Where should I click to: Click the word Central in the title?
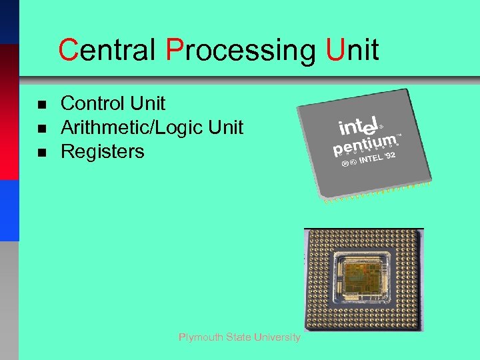(x=107, y=50)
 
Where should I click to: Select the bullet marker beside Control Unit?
(x=41, y=105)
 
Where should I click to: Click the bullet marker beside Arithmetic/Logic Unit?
(x=41, y=129)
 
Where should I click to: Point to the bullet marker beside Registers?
(x=41, y=153)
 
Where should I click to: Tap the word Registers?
(x=102, y=152)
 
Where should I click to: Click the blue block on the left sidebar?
(x=9, y=210)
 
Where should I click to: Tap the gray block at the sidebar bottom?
(x=9, y=300)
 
